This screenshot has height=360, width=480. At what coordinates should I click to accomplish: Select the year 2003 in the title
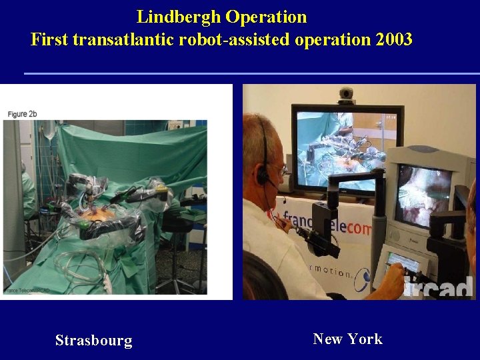point(394,39)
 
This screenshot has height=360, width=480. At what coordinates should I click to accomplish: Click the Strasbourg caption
point(93,341)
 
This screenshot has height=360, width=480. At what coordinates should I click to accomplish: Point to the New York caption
point(347,339)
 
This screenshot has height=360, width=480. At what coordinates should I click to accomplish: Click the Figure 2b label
point(22,114)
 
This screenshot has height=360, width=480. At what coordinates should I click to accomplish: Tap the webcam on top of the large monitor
point(347,95)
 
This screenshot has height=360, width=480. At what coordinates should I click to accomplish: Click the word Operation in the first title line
point(266,17)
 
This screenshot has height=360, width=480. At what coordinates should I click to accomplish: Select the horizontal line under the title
point(251,73)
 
